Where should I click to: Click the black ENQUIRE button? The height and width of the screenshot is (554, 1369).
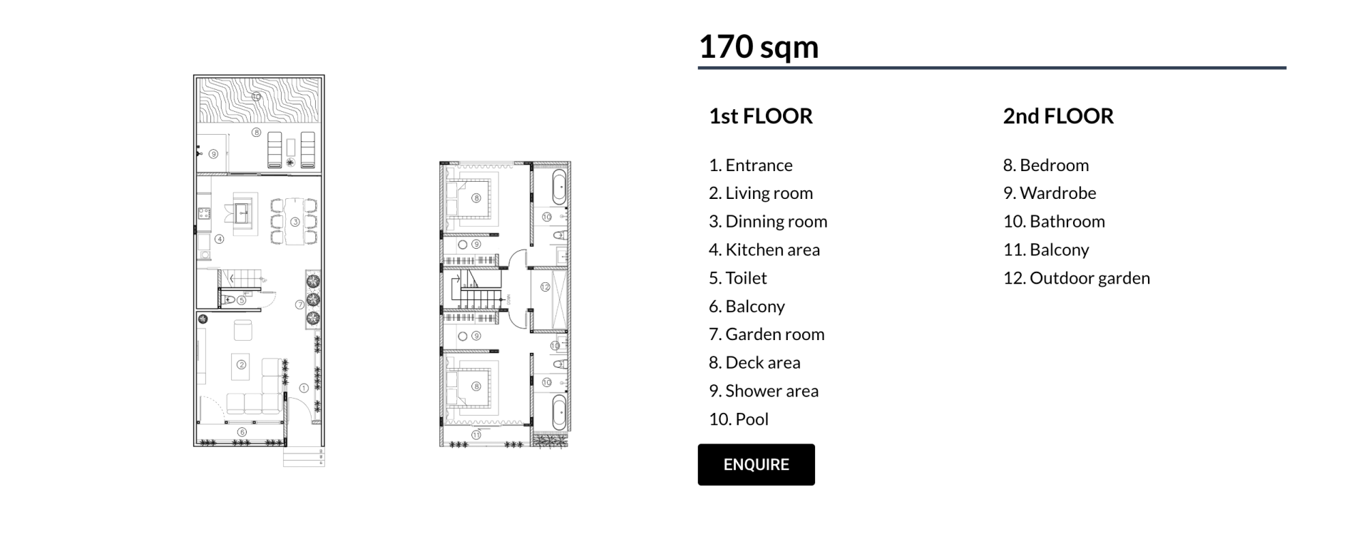756,465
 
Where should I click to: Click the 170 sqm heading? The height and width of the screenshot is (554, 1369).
759,47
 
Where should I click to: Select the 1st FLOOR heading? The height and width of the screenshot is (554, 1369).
761,116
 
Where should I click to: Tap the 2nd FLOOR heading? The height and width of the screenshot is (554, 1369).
1058,116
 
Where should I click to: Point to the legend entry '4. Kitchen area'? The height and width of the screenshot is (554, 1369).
764,250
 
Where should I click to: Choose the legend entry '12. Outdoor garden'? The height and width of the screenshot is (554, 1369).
1077,278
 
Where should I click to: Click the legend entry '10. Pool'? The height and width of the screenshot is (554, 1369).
739,419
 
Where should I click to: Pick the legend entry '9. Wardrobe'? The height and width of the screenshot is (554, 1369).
1050,193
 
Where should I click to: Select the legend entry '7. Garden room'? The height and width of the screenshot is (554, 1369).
766,334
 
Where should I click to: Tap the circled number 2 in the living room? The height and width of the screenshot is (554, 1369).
242,365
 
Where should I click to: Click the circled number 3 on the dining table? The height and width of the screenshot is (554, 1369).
294,222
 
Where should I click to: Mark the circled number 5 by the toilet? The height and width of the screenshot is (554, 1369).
242,300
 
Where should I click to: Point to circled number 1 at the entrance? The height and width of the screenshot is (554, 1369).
304,389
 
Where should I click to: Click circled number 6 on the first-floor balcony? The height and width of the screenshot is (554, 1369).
242,432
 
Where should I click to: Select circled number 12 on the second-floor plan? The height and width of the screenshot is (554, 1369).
545,287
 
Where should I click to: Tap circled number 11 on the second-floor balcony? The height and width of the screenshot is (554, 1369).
476,435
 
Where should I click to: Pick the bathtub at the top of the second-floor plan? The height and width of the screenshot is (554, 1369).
560,185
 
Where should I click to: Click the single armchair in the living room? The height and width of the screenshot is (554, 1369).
243,330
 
